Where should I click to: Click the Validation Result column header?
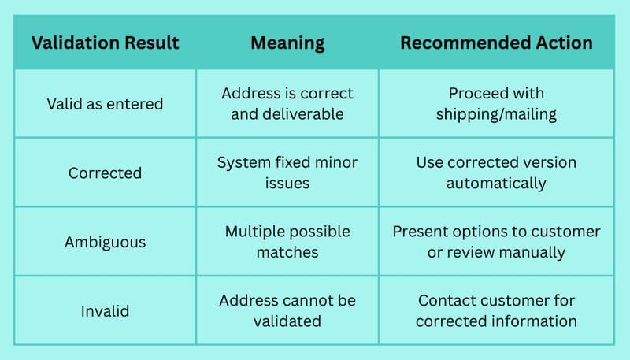106,43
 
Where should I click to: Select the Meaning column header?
287,43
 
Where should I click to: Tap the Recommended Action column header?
496,43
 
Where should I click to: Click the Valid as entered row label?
105,104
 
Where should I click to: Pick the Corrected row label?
105,173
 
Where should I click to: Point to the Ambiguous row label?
105,243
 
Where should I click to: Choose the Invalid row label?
105,311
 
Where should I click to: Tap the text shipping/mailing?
496,114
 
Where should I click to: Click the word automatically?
496,184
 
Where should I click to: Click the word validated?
287,321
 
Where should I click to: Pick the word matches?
287,253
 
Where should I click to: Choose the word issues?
287,184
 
